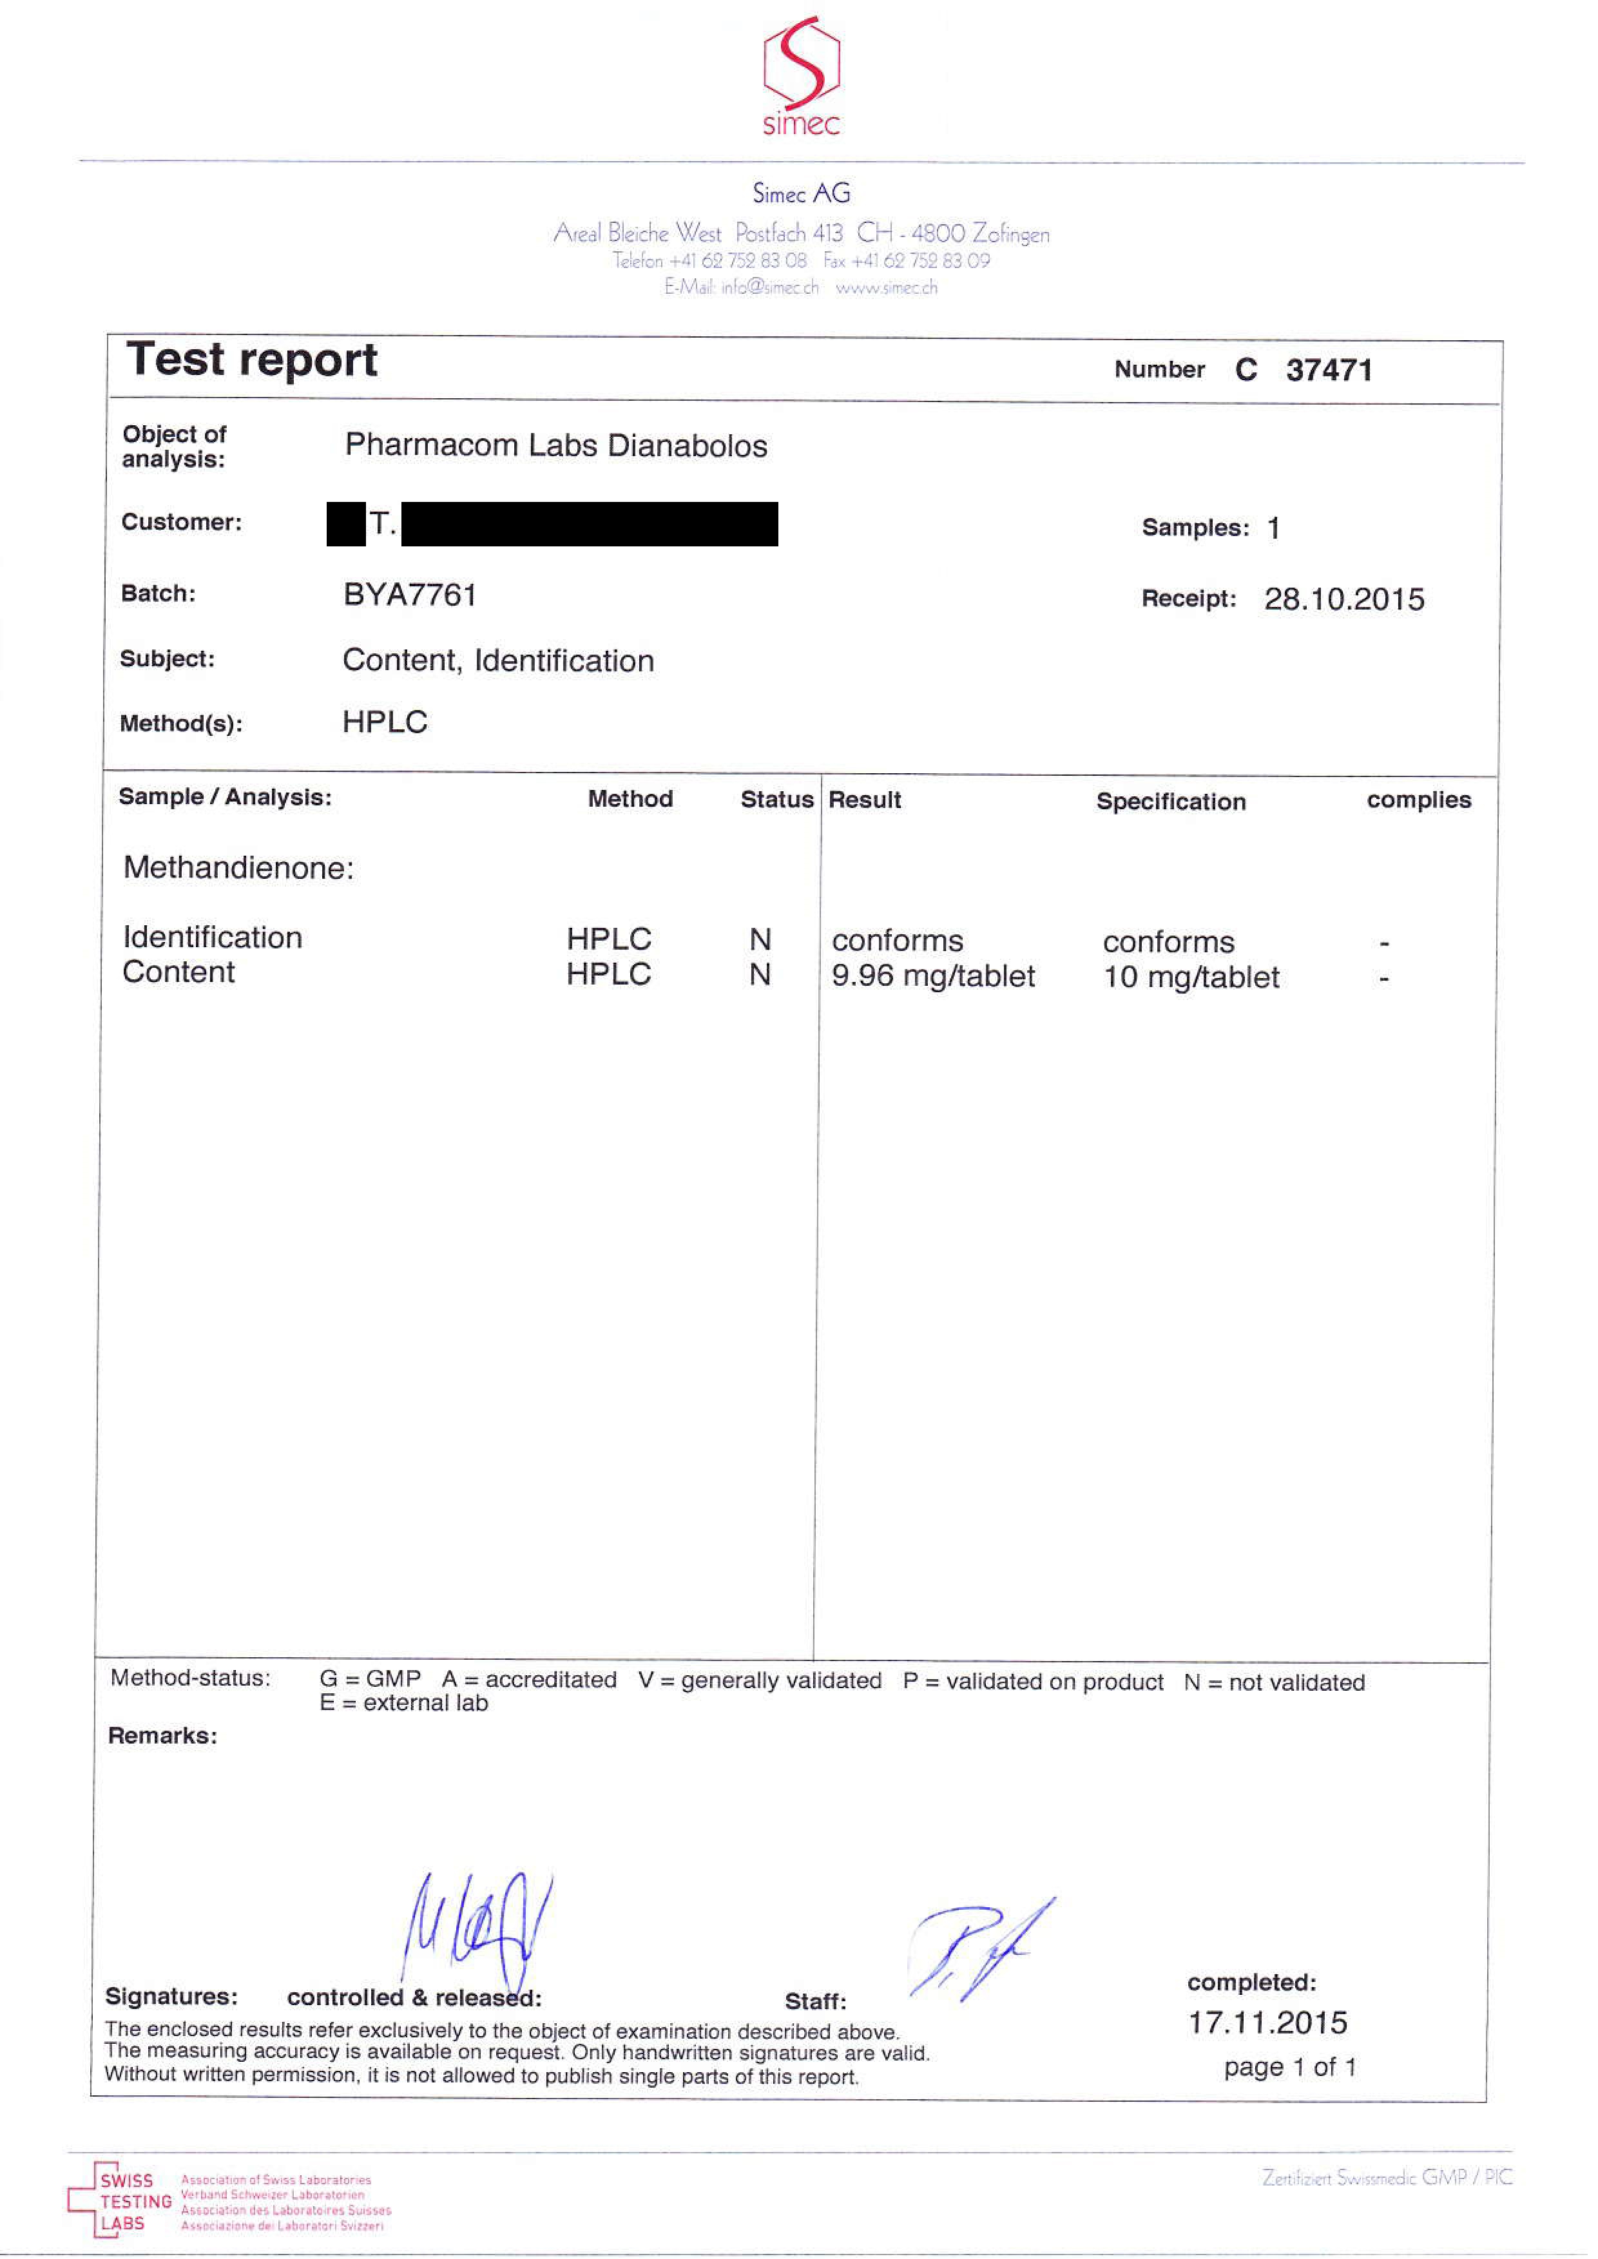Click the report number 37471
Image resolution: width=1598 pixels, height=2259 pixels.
click(1329, 370)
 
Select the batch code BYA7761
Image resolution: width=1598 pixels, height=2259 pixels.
click(409, 595)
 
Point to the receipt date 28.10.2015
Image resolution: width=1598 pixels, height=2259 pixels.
click(1344, 599)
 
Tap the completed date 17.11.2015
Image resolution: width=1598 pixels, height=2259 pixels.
click(1267, 2023)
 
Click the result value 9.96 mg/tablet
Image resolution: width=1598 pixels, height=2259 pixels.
click(933, 976)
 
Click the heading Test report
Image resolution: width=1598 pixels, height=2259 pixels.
click(252, 360)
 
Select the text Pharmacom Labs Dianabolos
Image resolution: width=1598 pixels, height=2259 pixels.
click(556, 446)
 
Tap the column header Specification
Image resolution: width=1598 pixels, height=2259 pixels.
click(1171, 802)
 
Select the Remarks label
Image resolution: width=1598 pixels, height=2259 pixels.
click(162, 1736)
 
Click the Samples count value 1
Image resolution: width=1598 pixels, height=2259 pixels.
click(1273, 528)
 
